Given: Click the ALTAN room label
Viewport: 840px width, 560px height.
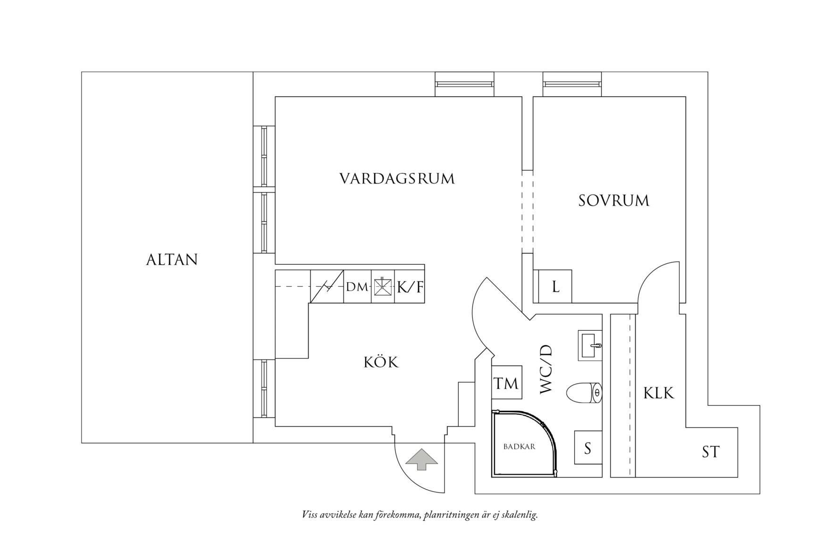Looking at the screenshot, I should coord(172,260).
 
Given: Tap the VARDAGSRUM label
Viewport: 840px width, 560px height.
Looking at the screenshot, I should coord(397,179).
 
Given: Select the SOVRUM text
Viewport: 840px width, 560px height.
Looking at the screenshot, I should coord(613,201).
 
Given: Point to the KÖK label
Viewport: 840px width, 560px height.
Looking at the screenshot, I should coord(381,362).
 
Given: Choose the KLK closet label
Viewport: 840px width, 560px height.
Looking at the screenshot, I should coord(659,393).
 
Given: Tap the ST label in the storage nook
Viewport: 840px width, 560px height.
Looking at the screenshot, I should coord(710,452).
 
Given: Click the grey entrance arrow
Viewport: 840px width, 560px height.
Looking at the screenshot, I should coord(421,459).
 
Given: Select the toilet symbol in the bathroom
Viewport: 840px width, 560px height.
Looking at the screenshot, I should coord(583,393).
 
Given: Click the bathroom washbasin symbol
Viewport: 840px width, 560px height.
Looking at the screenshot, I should coord(590,345).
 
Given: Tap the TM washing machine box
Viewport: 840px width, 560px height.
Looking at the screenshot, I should coord(506,383).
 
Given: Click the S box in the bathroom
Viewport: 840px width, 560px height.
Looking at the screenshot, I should coord(588,448).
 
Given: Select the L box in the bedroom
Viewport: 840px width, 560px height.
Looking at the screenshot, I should coord(555,286).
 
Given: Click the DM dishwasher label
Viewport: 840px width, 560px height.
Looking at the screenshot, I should coord(356,287).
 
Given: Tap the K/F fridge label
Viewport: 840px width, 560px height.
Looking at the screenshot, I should coord(410,287).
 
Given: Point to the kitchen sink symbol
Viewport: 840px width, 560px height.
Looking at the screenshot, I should coord(383,287).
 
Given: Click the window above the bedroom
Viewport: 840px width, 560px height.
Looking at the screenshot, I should coord(572,84).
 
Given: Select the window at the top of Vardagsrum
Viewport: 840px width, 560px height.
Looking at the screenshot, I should coord(464,84).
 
